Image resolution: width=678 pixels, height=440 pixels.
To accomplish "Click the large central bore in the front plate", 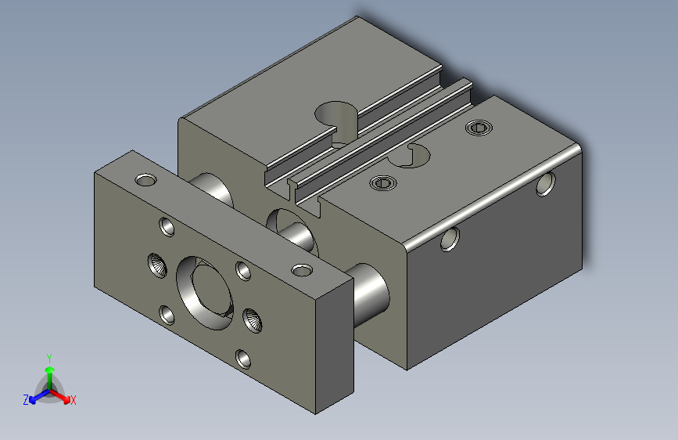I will tap(204, 290).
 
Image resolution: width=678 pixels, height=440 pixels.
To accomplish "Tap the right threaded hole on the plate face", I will tap(253, 319).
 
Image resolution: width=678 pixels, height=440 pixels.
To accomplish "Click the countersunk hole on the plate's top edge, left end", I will tap(145, 180).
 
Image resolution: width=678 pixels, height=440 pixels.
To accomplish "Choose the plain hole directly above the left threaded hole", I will tap(167, 226).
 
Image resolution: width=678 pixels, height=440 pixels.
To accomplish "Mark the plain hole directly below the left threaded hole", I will tap(167, 315).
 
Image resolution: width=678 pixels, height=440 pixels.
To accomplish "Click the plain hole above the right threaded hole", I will tap(243, 271).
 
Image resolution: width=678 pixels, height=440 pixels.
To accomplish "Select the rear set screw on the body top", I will tap(479, 127).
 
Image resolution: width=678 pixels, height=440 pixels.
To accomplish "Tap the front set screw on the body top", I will tap(382, 183).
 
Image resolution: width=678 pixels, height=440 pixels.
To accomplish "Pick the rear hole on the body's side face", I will tap(545, 185).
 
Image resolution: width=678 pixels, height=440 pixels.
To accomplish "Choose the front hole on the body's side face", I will tap(449, 239).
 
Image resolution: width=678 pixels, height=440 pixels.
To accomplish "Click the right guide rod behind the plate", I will tap(371, 290).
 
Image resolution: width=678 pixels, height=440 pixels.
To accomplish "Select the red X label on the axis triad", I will tap(74, 400).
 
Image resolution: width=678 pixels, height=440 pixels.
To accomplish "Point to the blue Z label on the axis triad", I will tap(26, 400).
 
